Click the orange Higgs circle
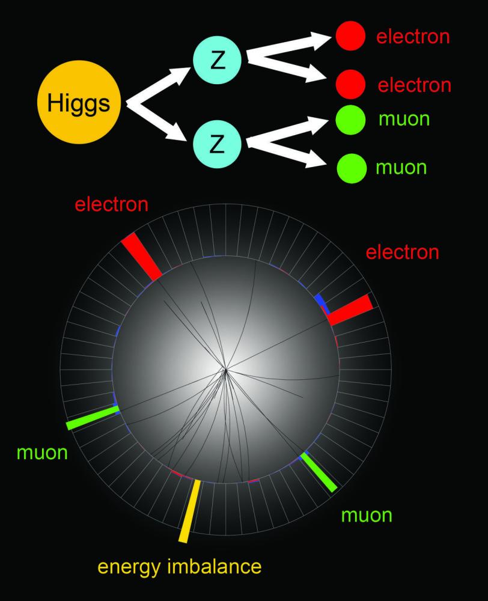(79, 102)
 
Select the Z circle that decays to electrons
(217, 60)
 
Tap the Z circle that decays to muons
(217, 144)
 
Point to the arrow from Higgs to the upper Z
(158, 85)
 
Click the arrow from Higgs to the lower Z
(158, 121)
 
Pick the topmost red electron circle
(350, 36)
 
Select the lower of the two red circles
(350, 84)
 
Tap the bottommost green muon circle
(352, 168)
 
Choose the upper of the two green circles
(350, 120)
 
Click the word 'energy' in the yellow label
(129, 567)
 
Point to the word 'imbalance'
(215, 566)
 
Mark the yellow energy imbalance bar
(190, 511)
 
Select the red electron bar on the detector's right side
(350, 310)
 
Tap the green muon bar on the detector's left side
(93, 418)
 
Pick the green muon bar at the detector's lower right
(319, 472)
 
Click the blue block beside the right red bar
(322, 303)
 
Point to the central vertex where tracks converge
(226, 370)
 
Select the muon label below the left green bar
(42, 453)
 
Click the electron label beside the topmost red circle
(413, 37)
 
